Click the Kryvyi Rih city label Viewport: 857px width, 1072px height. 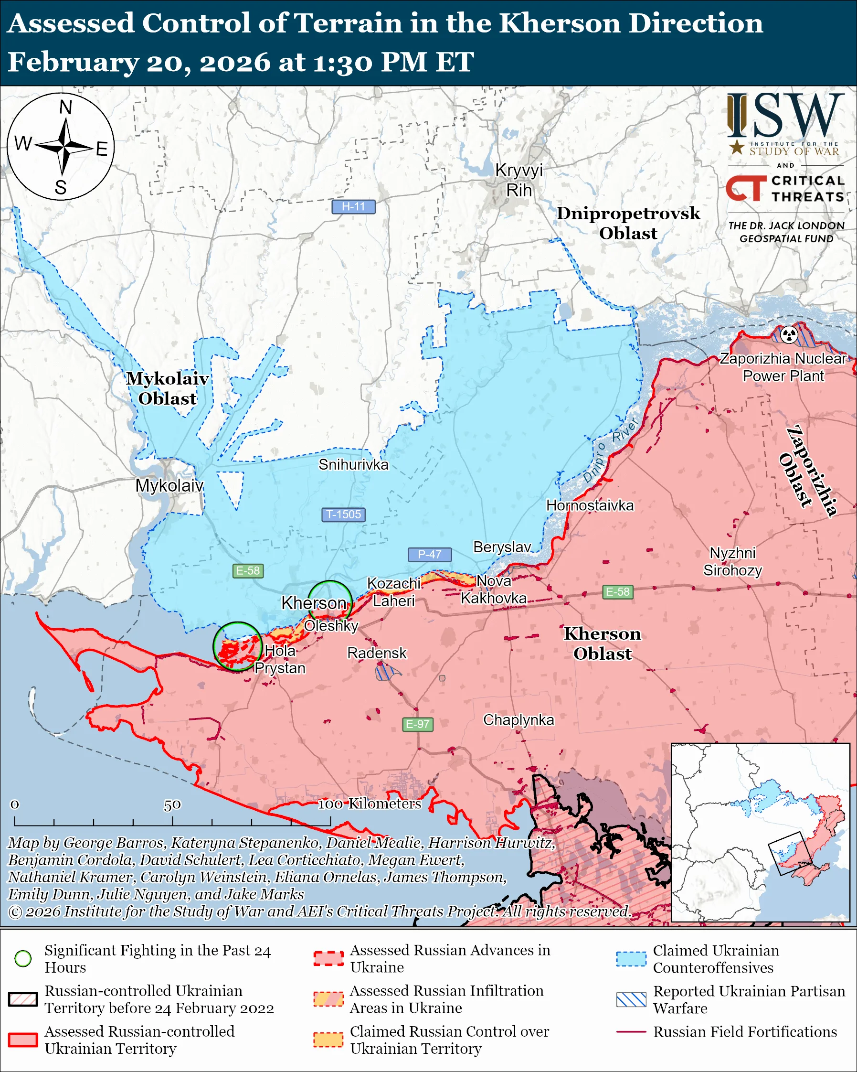[518, 180]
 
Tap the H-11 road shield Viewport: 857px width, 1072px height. [353, 206]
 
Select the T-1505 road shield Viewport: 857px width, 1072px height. [343, 514]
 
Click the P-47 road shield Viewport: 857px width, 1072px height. [429, 554]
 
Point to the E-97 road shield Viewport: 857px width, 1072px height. [417, 724]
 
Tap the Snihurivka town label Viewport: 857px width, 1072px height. [353, 464]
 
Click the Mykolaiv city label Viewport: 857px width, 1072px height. [169, 485]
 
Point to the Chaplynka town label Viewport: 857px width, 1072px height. [518, 719]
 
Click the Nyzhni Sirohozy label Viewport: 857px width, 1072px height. [732, 561]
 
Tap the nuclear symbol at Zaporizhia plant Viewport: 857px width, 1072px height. [789, 334]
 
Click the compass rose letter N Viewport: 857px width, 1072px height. [65, 107]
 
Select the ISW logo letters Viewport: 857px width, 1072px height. [785, 117]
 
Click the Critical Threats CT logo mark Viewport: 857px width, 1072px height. [745, 188]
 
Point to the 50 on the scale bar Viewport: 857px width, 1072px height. [172, 804]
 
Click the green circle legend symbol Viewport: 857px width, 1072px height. [23, 958]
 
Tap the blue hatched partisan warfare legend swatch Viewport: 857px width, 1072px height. [631, 999]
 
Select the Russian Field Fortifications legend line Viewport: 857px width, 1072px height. [631, 1032]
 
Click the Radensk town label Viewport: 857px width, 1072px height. [377, 653]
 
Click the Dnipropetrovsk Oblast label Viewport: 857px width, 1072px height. [628, 223]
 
